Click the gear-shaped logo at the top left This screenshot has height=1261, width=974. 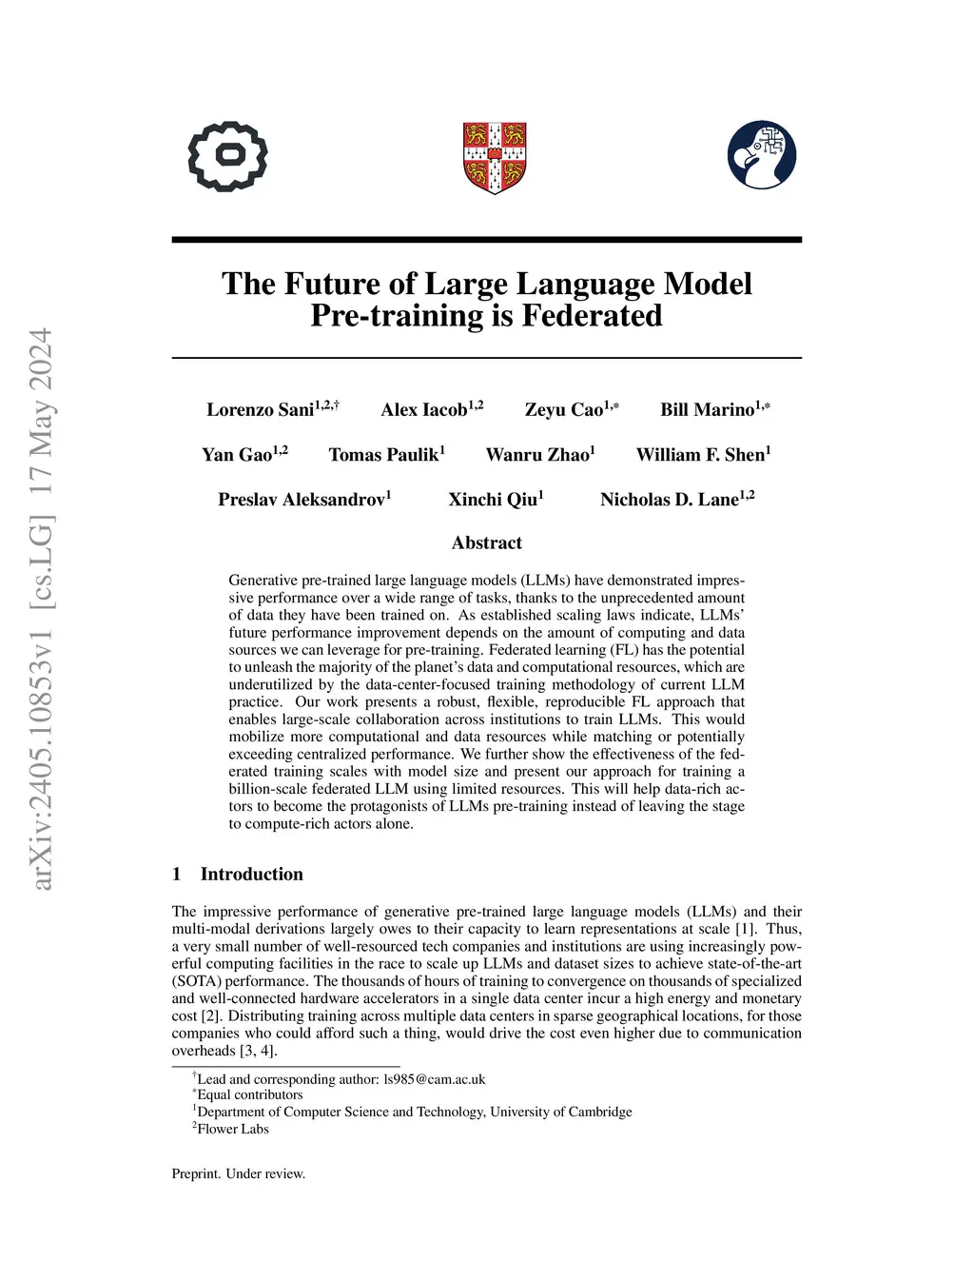pyautogui.click(x=227, y=156)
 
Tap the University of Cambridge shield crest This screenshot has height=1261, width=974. pyautogui.click(x=495, y=157)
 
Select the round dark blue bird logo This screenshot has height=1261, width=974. pyautogui.click(x=762, y=155)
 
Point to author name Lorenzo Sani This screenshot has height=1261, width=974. pyautogui.click(x=261, y=410)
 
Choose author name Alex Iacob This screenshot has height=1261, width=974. pyautogui.click(x=424, y=410)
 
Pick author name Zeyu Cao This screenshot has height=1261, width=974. pyautogui.click(x=564, y=410)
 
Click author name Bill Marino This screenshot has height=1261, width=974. pyautogui.click(x=708, y=410)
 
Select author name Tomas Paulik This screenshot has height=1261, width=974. pyautogui.click(x=383, y=455)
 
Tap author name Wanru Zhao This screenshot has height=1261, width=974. pyautogui.click(x=537, y=455)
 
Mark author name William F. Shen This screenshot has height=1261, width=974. pyautogui.click(x=700, y=455)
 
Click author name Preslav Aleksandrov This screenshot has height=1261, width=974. pyautogui.click(x=302, y=500)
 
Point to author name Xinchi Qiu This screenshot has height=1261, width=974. pyautogui.click(x=493, y=500)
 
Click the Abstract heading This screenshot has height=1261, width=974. pyautogui.click(x=487, y=543)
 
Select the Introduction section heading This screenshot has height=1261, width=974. pyautogui.click(x=251, y=875)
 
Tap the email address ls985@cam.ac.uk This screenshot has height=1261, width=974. pyautogui.click(x=434, y=1079)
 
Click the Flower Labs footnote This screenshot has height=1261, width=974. pyautogui.click(x=233, y=1129)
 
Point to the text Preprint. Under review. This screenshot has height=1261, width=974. pyautogui.click(x=239, y=1173)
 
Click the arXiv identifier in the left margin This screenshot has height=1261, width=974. pyautogui.click(x=41, y=609)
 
